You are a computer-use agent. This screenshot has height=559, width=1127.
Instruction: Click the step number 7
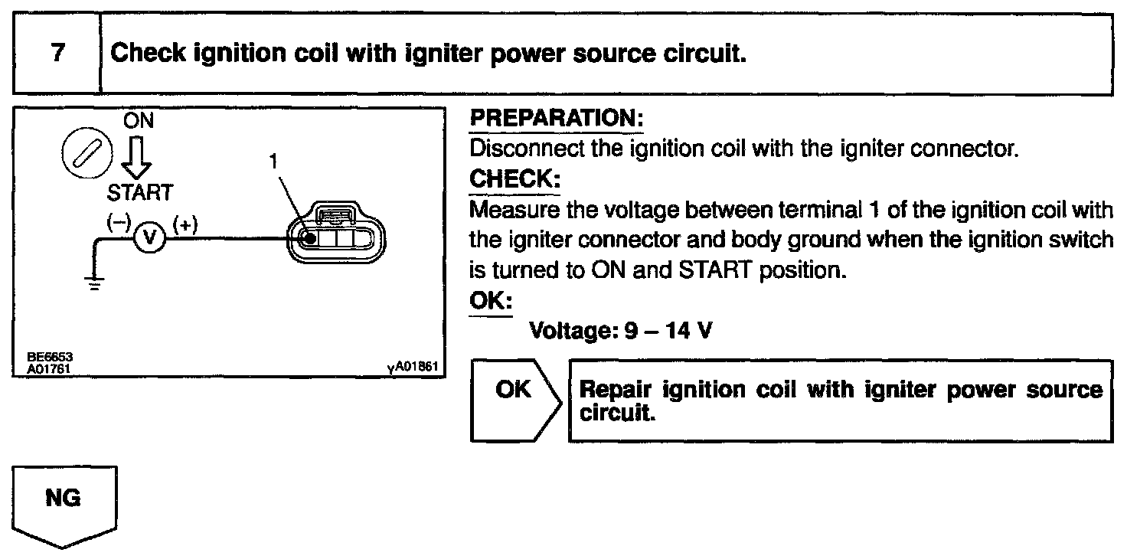tap(57, 54)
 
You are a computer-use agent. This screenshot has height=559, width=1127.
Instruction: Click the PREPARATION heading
tap(556, 119)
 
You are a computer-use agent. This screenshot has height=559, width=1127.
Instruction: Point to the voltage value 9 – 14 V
tap(660, 332)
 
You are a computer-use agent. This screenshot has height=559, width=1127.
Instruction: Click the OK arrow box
tap(514, 400)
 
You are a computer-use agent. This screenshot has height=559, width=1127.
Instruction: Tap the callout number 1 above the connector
tap(272, 162)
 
